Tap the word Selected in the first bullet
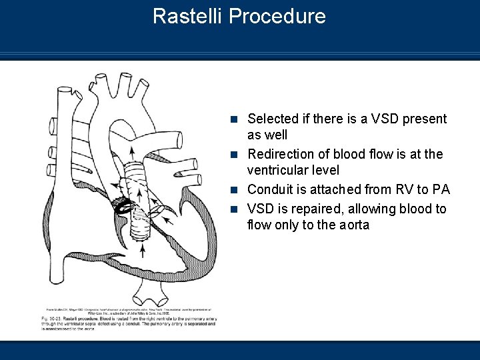271,119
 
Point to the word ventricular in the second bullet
277,171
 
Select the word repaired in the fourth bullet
312,209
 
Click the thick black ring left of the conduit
122,208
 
